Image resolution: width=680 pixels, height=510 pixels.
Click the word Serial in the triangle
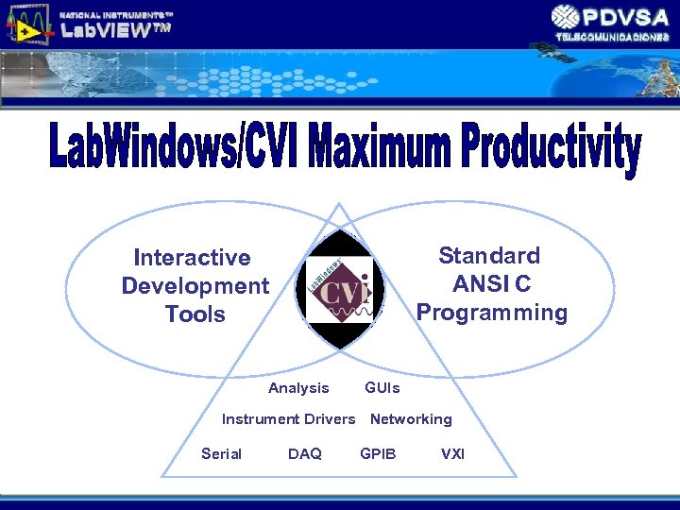click(221, 454)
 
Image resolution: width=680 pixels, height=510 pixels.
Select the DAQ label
click(304, 454)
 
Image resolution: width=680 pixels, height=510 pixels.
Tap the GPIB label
click(378, 454)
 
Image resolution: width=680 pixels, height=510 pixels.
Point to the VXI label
click(452, 454)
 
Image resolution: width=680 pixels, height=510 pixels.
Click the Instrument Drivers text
click(288, 419)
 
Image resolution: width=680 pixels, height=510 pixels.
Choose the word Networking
click(411, 419)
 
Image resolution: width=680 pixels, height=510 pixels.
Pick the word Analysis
click(298, 388)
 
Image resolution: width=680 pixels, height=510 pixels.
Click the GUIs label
click(382, 388)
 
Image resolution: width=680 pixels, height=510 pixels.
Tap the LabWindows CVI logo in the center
click(340, 289)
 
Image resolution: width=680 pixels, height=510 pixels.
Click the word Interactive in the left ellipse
click(193, 258)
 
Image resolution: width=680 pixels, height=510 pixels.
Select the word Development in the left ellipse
click(195, 286)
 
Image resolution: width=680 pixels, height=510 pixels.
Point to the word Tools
click(195, 314)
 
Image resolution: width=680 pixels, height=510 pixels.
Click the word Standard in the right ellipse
click(489, 256)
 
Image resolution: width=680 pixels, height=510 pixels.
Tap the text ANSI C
click(491, 284)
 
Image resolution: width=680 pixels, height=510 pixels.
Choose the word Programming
click(492, 313)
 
